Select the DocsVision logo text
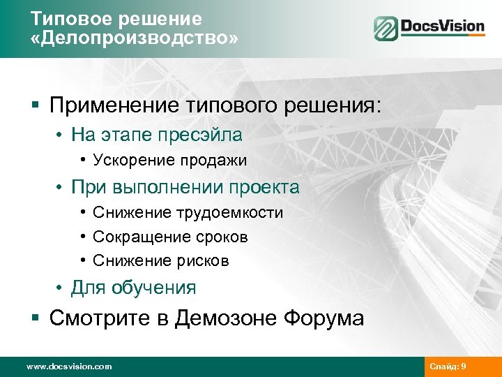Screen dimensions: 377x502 click(442, 27)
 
